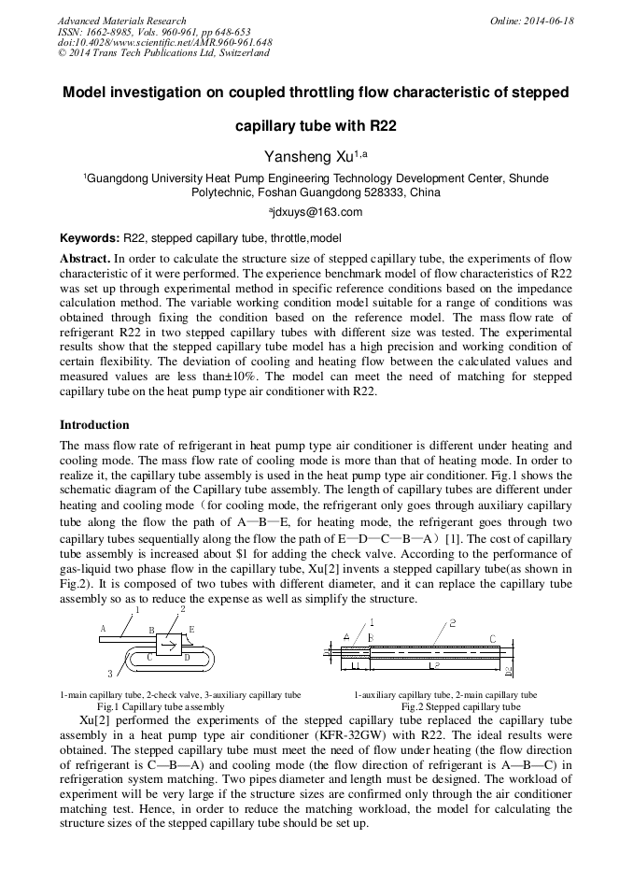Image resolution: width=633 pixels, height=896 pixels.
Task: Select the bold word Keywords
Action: tap(89, 239)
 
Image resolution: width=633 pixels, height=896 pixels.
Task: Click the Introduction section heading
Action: tap(94, 425)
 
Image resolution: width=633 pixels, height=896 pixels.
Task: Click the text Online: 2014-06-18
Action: tap(532, 21)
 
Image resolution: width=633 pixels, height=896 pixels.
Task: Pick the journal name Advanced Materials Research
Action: tap(121, 21)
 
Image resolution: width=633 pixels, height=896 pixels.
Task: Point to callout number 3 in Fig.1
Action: tap(110, 674)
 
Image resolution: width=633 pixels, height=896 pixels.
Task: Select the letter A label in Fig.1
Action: tap(103, 629)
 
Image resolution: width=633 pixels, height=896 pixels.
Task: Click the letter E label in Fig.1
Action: tap(191, 630)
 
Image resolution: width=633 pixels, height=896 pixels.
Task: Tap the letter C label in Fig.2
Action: tap(492, 638)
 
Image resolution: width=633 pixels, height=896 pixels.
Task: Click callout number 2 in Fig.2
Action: tap(452, 622)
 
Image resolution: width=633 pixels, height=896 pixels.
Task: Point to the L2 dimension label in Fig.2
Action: tap(433, 665)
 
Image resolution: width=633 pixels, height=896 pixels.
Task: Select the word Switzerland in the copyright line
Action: tap(240, 53)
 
